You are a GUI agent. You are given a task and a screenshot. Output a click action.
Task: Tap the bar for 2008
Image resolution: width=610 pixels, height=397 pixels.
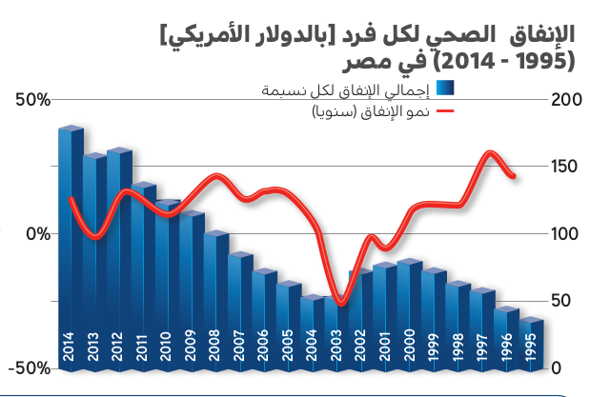pyautogui.click(x=214, y=299)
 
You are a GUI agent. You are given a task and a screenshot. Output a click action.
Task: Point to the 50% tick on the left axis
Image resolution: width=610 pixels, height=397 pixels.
pyautogui.click(x=30, y=99)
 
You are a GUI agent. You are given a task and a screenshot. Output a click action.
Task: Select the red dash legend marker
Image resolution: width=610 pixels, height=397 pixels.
pyautogui.click(x=445, y=112)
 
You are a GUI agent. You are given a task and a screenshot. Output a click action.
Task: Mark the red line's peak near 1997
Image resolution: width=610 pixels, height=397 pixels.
pyautogui.click(x=490, y=152)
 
